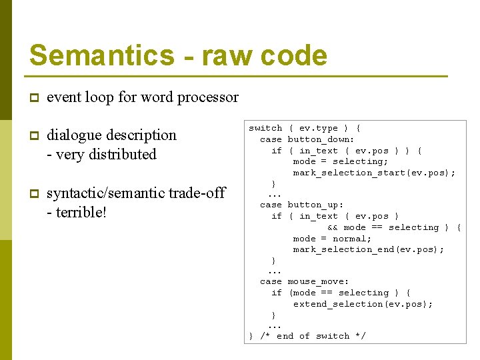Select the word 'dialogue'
click(x=75, y=135)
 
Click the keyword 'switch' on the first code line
click(x=265, y=128)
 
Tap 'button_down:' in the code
click(x=321, y=139)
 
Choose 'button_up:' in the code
click(x=315, y=205)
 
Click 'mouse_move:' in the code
click(x=318, y=282)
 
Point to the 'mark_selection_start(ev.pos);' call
click(x=374, y=173)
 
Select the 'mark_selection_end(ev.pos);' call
click(x=368, y=249)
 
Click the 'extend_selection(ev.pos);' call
click(x=363, y=304)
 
